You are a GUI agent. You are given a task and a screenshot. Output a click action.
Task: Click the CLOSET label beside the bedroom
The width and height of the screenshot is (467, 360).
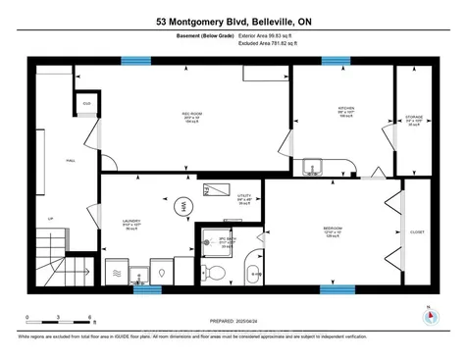[x=417, y=232]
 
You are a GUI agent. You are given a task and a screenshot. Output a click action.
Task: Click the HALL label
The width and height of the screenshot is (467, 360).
[x=42, y=159]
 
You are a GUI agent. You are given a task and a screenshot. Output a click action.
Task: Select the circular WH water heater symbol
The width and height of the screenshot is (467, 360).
[x=182, y=206]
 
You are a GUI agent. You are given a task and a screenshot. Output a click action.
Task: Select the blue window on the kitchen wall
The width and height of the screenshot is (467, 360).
[x=337, y=61]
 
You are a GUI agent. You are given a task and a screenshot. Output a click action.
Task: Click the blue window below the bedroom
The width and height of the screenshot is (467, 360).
[x=337, y=289]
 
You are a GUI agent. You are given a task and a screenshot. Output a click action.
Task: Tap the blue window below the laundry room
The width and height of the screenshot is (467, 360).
[x=145, y=289]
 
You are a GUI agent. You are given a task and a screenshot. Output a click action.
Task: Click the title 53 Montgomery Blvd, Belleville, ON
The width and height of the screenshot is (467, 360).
[x=233, y=20]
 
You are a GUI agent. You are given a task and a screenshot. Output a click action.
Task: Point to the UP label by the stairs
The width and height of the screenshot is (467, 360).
[x=49, y=219]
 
